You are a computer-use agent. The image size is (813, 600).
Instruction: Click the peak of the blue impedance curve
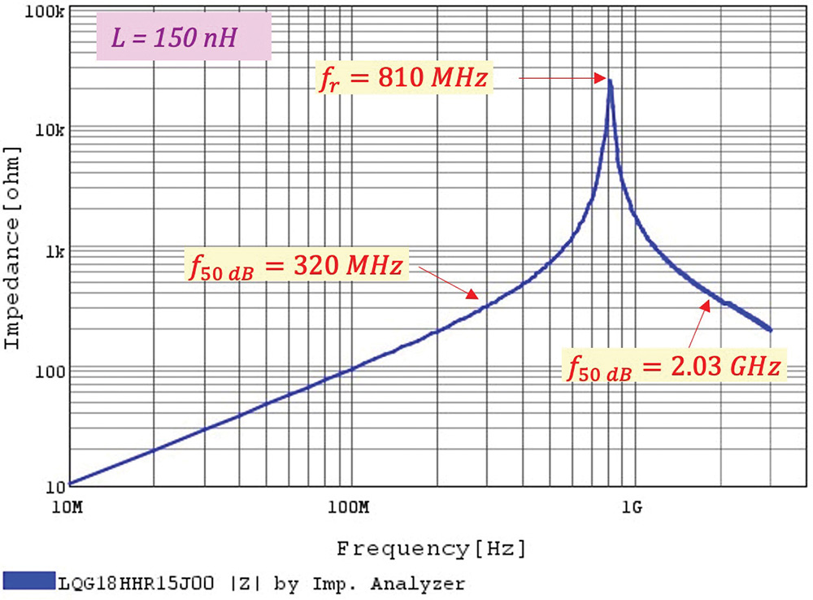click(x=610, y=80)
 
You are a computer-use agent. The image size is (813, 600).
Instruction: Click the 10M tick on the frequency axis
click(x=68, y=509)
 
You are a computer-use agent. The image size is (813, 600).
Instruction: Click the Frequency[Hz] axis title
click(x=431, y=548)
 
